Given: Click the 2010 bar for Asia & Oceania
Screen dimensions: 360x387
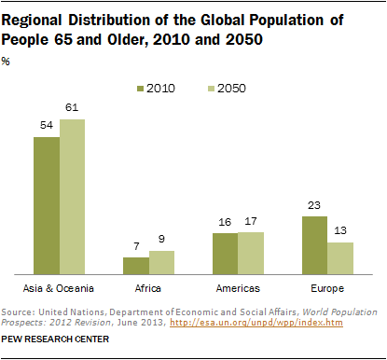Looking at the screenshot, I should (x=47, y=205).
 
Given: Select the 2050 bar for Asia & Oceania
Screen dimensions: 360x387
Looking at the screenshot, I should (x=72, y=196).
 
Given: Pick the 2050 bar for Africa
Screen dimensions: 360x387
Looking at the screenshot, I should (x=160, y=262).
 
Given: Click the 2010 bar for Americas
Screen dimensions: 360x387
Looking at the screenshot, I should (x=225, y=253).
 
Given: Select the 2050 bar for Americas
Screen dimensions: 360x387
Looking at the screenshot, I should (x=250, y=252).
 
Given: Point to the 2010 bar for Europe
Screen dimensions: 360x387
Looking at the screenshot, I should (x=314, y=244).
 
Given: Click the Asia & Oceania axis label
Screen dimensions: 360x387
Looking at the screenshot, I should (x=60, y=288).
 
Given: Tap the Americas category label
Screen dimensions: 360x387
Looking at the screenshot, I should (x=238, y=288).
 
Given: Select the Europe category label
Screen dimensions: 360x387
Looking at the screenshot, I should (x=327, y=288).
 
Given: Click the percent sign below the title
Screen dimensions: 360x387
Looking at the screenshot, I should (x=10, y=62).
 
